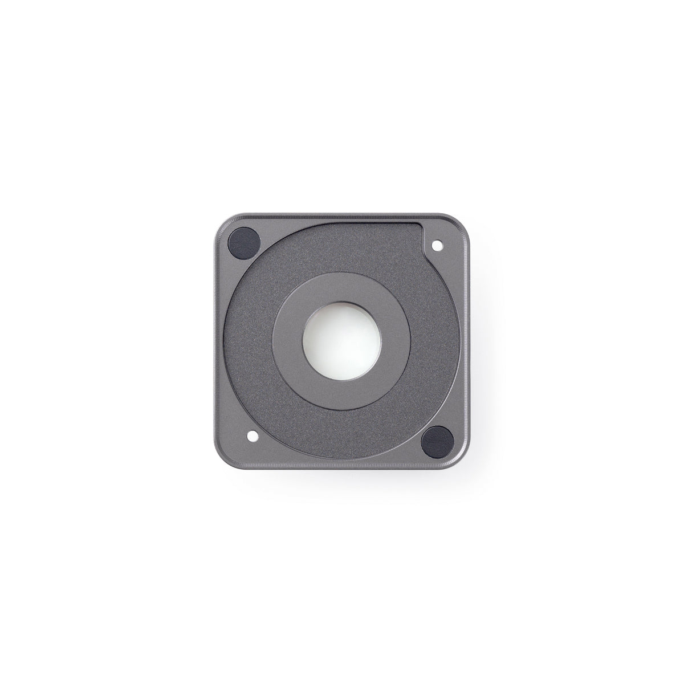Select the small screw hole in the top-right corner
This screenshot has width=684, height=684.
438,246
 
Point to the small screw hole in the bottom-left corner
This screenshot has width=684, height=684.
251,437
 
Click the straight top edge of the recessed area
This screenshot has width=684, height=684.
365,223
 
